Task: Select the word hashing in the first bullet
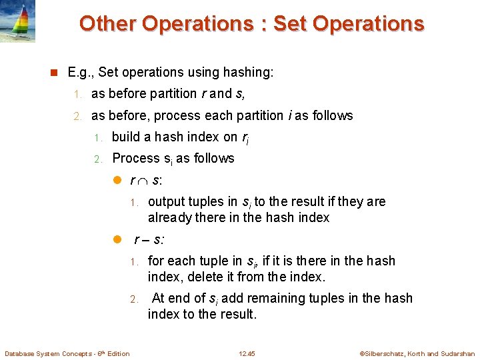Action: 251,71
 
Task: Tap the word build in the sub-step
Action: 125,137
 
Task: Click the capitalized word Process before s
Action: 136,159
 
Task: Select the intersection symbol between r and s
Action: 142,181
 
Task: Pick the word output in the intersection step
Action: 167,202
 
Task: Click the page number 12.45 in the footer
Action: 247,353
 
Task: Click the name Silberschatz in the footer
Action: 385,353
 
